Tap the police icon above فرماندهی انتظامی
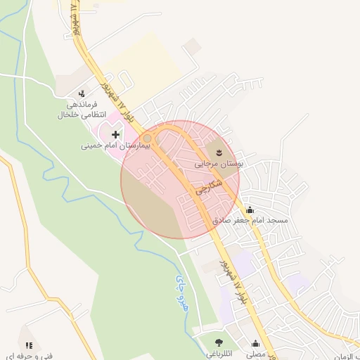[x=82, y=93]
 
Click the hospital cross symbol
[x=115, y=134]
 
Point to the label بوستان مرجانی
[x=219, y=163]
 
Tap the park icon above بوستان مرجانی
[x=219, y=151]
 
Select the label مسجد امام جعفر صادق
[x=251, y=220]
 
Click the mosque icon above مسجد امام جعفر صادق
[x=250, y=209]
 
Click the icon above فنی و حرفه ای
[x=29, y=345]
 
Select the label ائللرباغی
[x=219, y=355]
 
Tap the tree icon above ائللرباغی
[x=219, y=343]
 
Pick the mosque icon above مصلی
[x=255, y=345]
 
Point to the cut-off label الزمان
[x=346, y=356]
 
